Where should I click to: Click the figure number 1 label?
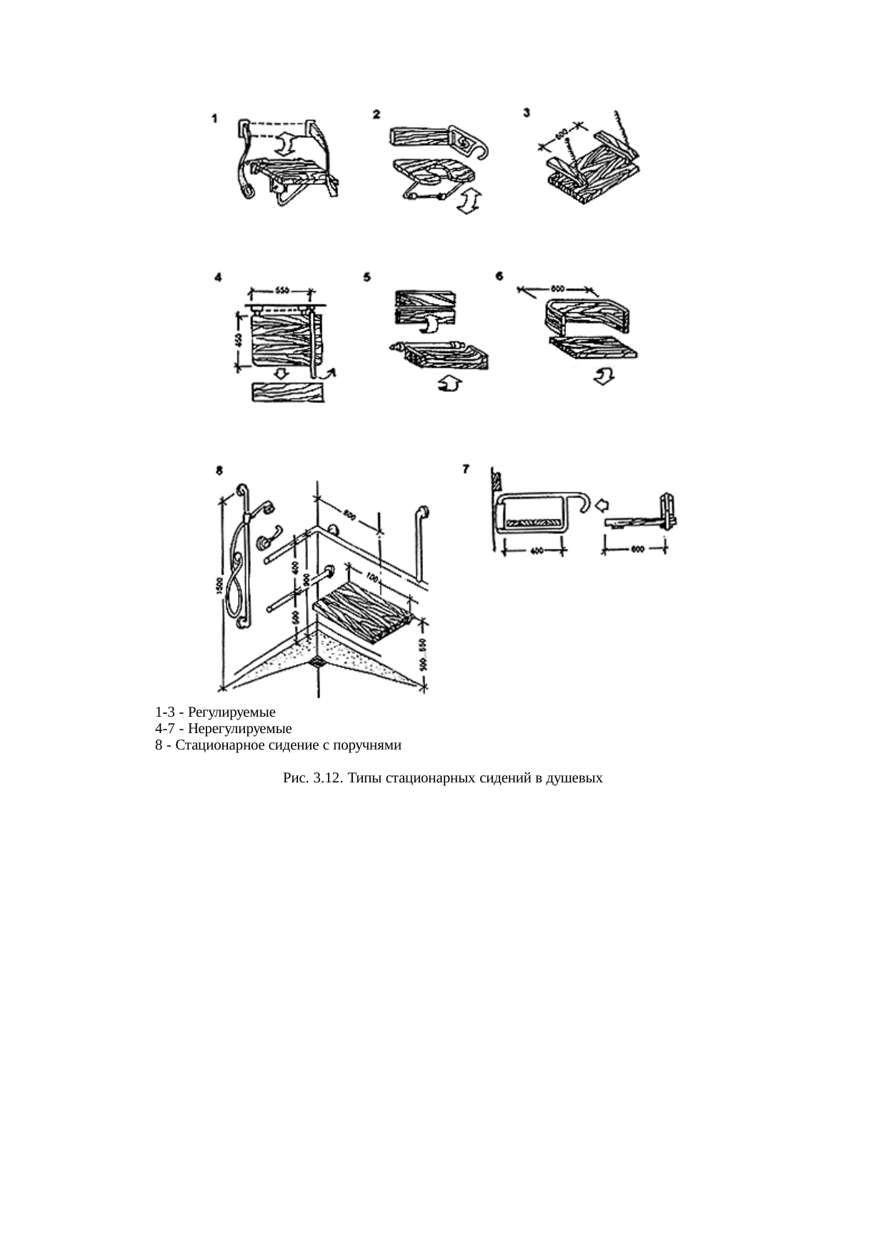[215, 119]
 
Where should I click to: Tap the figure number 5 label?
[367, 278]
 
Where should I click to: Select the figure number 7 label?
[466, 469]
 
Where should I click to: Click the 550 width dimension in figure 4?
[280, 292]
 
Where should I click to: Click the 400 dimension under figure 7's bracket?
[535, 550]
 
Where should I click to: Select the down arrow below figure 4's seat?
[282, 374]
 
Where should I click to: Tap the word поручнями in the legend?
[368, 745]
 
